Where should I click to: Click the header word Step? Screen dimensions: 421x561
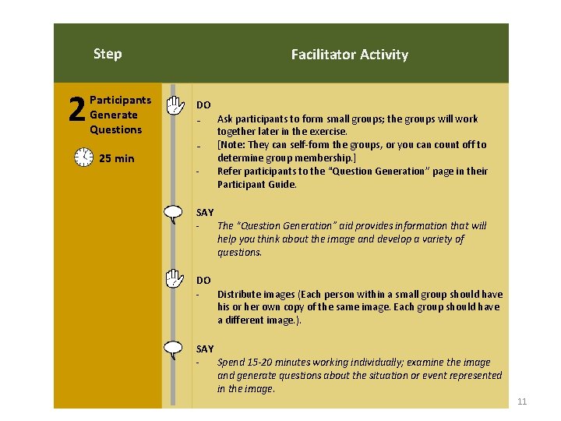click(x=108, y=54)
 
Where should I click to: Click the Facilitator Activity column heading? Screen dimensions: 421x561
click(x=349, y=55)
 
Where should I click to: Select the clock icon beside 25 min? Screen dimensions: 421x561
click(x=84, y=157)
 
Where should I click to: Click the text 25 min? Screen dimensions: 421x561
click(x=117, y=158)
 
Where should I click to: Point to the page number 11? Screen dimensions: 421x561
click(x=522, y=402)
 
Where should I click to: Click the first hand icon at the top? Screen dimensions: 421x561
click(x=175, y=104)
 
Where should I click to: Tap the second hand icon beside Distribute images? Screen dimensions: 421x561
click(x=175, y=278)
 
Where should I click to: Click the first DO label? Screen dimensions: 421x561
click(x=203, y=104)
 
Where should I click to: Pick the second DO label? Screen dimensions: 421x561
click(x=203, y=280)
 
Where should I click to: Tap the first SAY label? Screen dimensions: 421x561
click(x=205, y=212)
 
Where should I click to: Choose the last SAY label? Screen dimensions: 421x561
click(x=205, y=348)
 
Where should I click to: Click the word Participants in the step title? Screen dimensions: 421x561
click(x=121, y=100)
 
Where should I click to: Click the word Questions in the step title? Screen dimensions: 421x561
click(x=116, y=129)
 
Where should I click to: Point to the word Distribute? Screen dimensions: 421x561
click(x=238, y=294)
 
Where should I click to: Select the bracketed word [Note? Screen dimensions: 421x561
click(x=231, y=145)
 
